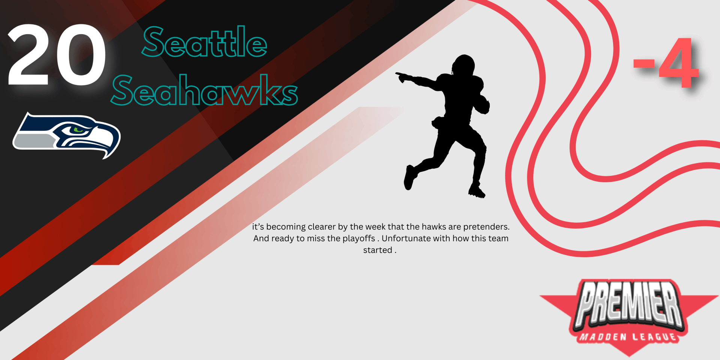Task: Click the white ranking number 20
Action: [x=56, y=55]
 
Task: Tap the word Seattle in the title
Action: [x=204, y=42]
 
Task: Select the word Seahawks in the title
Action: [x=204, y=90]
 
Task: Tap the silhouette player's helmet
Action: [x=464, y=65]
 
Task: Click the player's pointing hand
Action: [x=402, y=77]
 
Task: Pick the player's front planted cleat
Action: [x=477, y=192]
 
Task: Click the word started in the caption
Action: [x=378, y=250]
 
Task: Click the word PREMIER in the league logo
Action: [x=629, y=304]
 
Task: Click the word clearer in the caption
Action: [x=321, y=227]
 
